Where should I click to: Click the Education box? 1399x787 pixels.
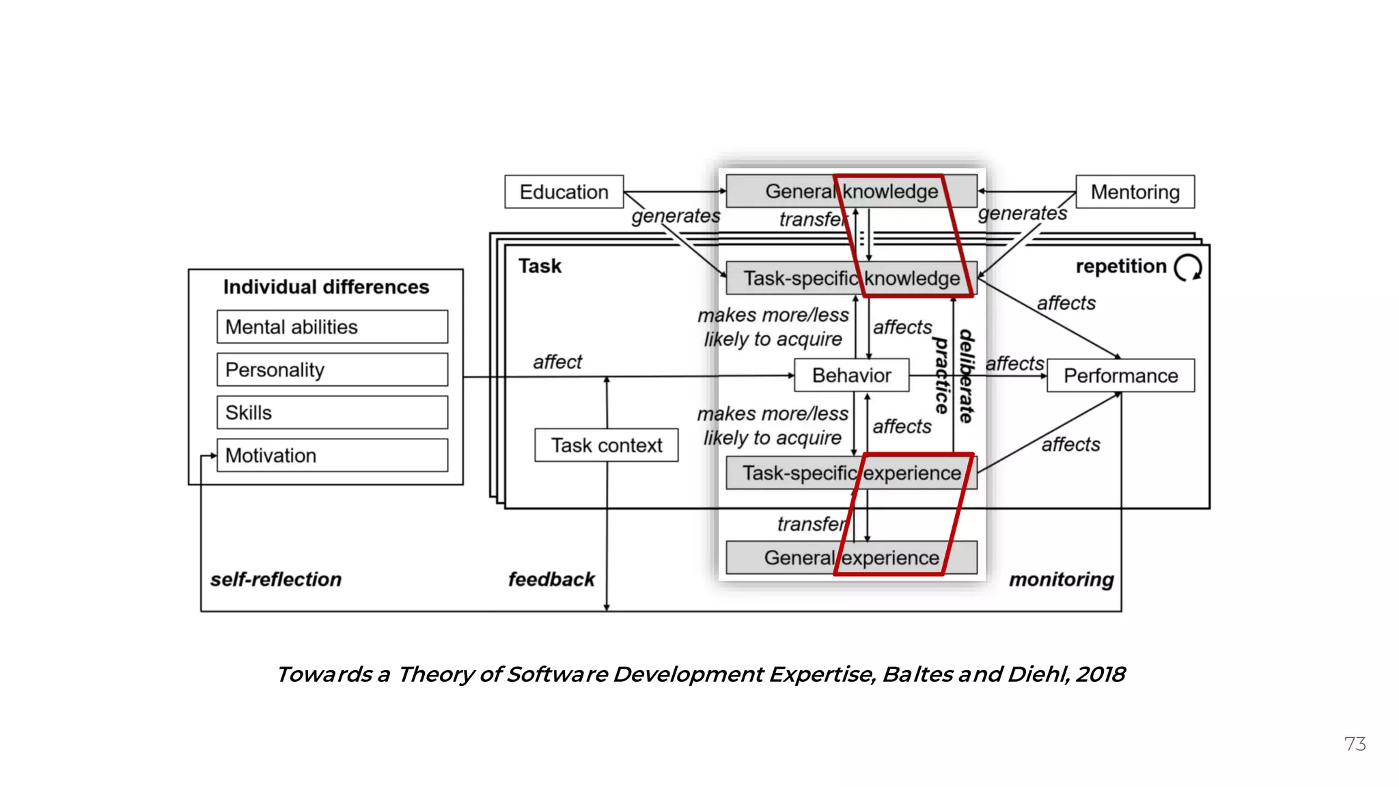click(x=564, y=192)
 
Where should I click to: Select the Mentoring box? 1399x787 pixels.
click(x=1135, y=192)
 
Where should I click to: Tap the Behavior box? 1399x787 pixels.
click(x=851, y=375)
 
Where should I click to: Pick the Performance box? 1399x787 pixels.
click(x=1120, y=376)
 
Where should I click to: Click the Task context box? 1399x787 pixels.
click(x=606, y=445)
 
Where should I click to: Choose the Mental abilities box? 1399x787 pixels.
click(x=332, y=327)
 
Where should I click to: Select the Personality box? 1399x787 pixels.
click(x=332, y=370)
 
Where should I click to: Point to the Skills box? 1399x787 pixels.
click(x=332, y=413)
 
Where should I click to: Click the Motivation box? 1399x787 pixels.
click(x=332, y=456)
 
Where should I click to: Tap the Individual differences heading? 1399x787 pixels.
click(x=326, y=287)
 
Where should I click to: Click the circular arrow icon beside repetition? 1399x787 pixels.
click(x=1188, y=267)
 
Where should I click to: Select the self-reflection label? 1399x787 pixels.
click(x=275, y=579)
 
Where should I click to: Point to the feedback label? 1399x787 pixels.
click(x=551, y=579)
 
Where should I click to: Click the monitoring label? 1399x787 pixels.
click(x=1061, y=579)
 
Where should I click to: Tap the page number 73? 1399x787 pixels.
click(x=1355, y=744)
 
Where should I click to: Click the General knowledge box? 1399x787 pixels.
click(x=851, y=191)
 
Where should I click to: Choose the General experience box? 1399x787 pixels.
click(x=851, y=557)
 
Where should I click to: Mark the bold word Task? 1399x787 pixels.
click(x=539, y=266)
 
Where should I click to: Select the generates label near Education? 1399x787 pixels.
click(x=675, y=216)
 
